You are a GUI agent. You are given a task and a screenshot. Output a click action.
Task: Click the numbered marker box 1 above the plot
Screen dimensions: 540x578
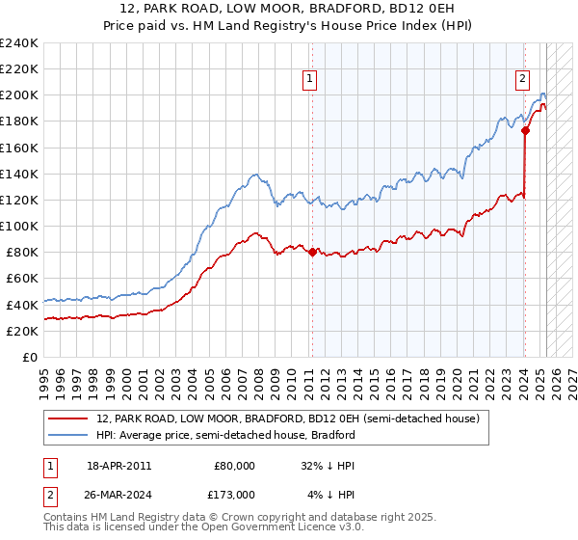point(311,80)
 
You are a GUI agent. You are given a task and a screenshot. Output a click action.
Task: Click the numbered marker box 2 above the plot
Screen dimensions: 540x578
point(522,80)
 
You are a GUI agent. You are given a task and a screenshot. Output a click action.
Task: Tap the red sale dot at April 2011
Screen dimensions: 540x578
point(312,252)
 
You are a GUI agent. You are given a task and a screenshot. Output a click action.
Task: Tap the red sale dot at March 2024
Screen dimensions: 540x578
point(525,130)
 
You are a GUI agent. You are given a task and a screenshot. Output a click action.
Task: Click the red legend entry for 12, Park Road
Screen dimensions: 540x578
point(280,418)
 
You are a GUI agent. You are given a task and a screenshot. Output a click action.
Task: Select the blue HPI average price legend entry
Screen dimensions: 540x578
point(225,435)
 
